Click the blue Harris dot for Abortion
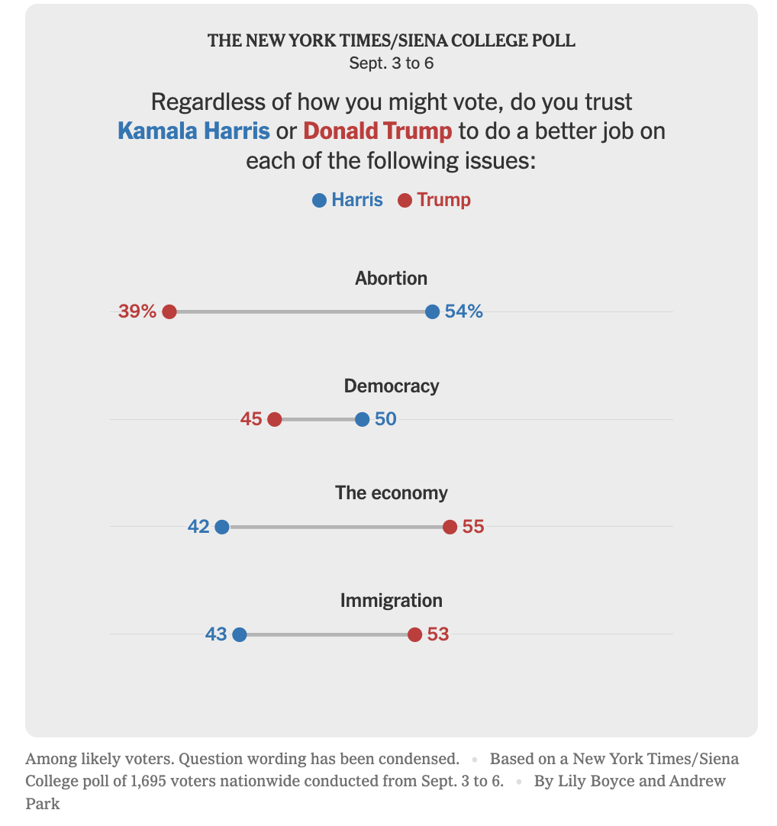(432, 311)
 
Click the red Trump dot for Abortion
(169, 311)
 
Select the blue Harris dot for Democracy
(363, 419)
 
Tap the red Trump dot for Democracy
(275, 419)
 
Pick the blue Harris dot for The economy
(222, 527)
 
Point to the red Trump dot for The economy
(450, 527)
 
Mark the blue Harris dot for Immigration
(239, 634)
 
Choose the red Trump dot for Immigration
(414, 634)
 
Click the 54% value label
(464, 311)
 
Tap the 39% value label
(137, 311)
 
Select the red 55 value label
(473, 527)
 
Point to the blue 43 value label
(216, 634)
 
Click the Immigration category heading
(391, 601)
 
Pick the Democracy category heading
(391, 386)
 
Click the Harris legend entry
(348, 200)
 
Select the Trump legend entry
(434, 200)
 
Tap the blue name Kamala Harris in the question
(194, 131)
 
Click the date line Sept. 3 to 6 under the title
(391, 63)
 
